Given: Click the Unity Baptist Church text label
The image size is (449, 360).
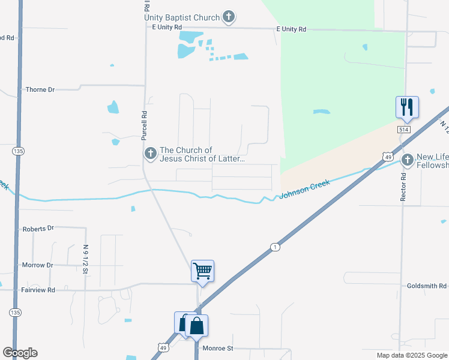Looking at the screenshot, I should [182, 17].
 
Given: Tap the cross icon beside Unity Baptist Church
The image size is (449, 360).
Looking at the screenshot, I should [229, 17].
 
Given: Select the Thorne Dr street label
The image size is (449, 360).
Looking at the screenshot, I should [40, 89].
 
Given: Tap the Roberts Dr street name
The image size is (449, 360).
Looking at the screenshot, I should [38, 229].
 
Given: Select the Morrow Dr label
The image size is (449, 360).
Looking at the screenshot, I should [37, 265].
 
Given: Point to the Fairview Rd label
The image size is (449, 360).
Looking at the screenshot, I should [38, 290].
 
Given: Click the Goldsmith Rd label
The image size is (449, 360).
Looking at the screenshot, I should [426, 286].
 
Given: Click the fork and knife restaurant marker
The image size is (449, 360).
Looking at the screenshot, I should [406, 107].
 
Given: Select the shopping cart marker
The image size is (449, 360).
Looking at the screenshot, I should [202, 271].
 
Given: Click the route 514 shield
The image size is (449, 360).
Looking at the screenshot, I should [403, 129].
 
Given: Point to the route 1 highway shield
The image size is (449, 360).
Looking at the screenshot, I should [274, 247].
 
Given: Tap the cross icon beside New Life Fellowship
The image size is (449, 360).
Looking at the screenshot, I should [408, 160].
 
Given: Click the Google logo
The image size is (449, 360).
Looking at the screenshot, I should [20, 353].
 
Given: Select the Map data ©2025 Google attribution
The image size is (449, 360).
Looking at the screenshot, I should [411, 355].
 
